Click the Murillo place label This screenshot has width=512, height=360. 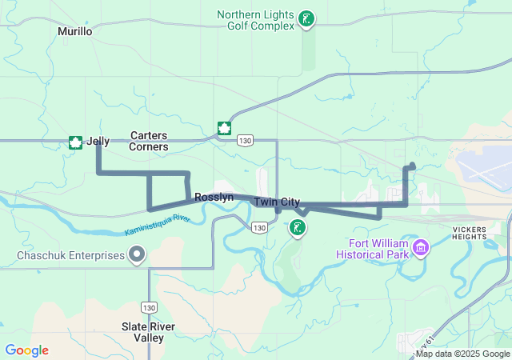pyautogui.click(x=75, y=31)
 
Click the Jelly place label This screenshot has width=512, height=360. pyautogui.click(x=98, y=142)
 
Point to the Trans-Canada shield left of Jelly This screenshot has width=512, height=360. pyautogui.click(x=75, y=142)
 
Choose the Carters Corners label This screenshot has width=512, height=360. pyautogui.click(x=150, y=142)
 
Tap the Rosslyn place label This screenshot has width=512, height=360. pyautogui.click(x=214, y=197)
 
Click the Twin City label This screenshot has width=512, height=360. pyautogui.click(x=277, y=202)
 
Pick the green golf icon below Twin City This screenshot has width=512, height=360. pyautogui.click(x=298, y=228)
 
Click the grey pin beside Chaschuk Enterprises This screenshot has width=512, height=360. pyautogui.click(x=137, y=255)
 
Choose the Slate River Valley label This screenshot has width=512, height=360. pyautogui.click(x=149, y=332)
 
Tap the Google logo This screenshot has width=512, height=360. pyautogui.click(x=26, y=350)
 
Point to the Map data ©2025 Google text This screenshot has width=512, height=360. pyautogui.click(x=462, y=354)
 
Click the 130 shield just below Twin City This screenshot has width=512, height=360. pyautogui.click(x=259, y=228)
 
